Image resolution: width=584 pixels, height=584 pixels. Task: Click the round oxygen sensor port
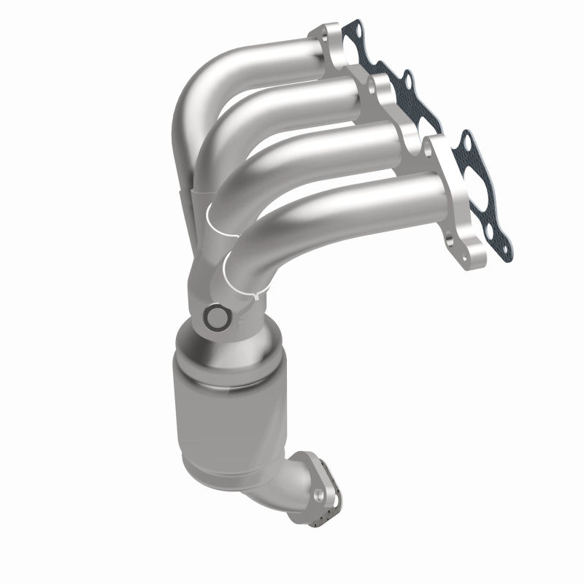216,319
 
